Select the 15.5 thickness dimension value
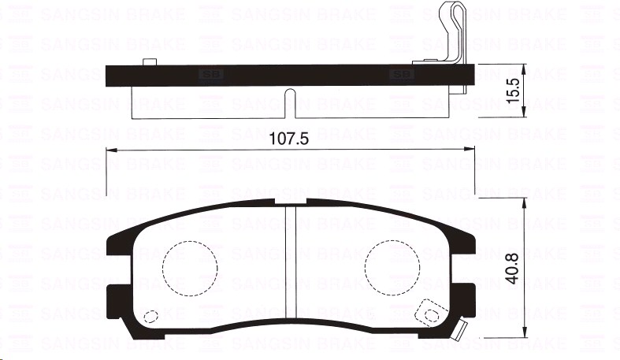tap(514, 91)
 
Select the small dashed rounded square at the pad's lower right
tap(429, 313)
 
